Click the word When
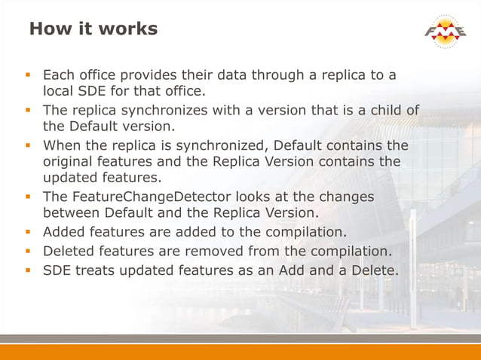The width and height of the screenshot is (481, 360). pos(62,145)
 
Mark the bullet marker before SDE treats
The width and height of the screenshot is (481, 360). pos(29,270)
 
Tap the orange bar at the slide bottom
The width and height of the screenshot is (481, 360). pos(240,352)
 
